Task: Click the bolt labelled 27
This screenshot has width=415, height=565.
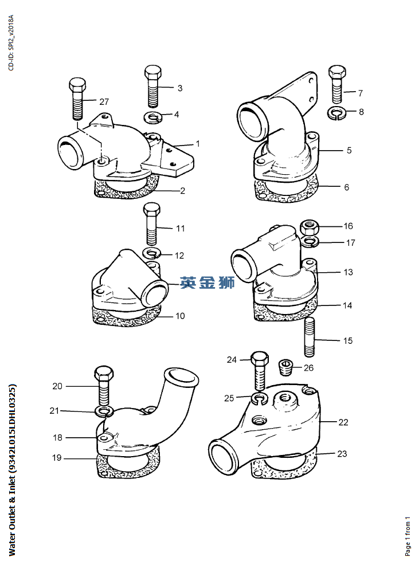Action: (77, 99)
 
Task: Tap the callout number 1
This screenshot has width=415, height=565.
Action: (198, 144)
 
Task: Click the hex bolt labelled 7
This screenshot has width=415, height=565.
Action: (337, 84)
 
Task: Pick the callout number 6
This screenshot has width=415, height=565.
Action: (346, 187)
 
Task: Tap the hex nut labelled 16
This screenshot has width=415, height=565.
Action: (310, 227)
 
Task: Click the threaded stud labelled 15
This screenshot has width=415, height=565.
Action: (310, 338)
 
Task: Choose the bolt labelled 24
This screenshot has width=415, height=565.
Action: (259, 371)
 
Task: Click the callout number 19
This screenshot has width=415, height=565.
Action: (57, 458)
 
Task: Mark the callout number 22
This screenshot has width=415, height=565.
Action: (343, 422)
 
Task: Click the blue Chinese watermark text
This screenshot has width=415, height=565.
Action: (207, 282)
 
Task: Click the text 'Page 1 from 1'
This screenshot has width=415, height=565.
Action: (408, 536)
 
